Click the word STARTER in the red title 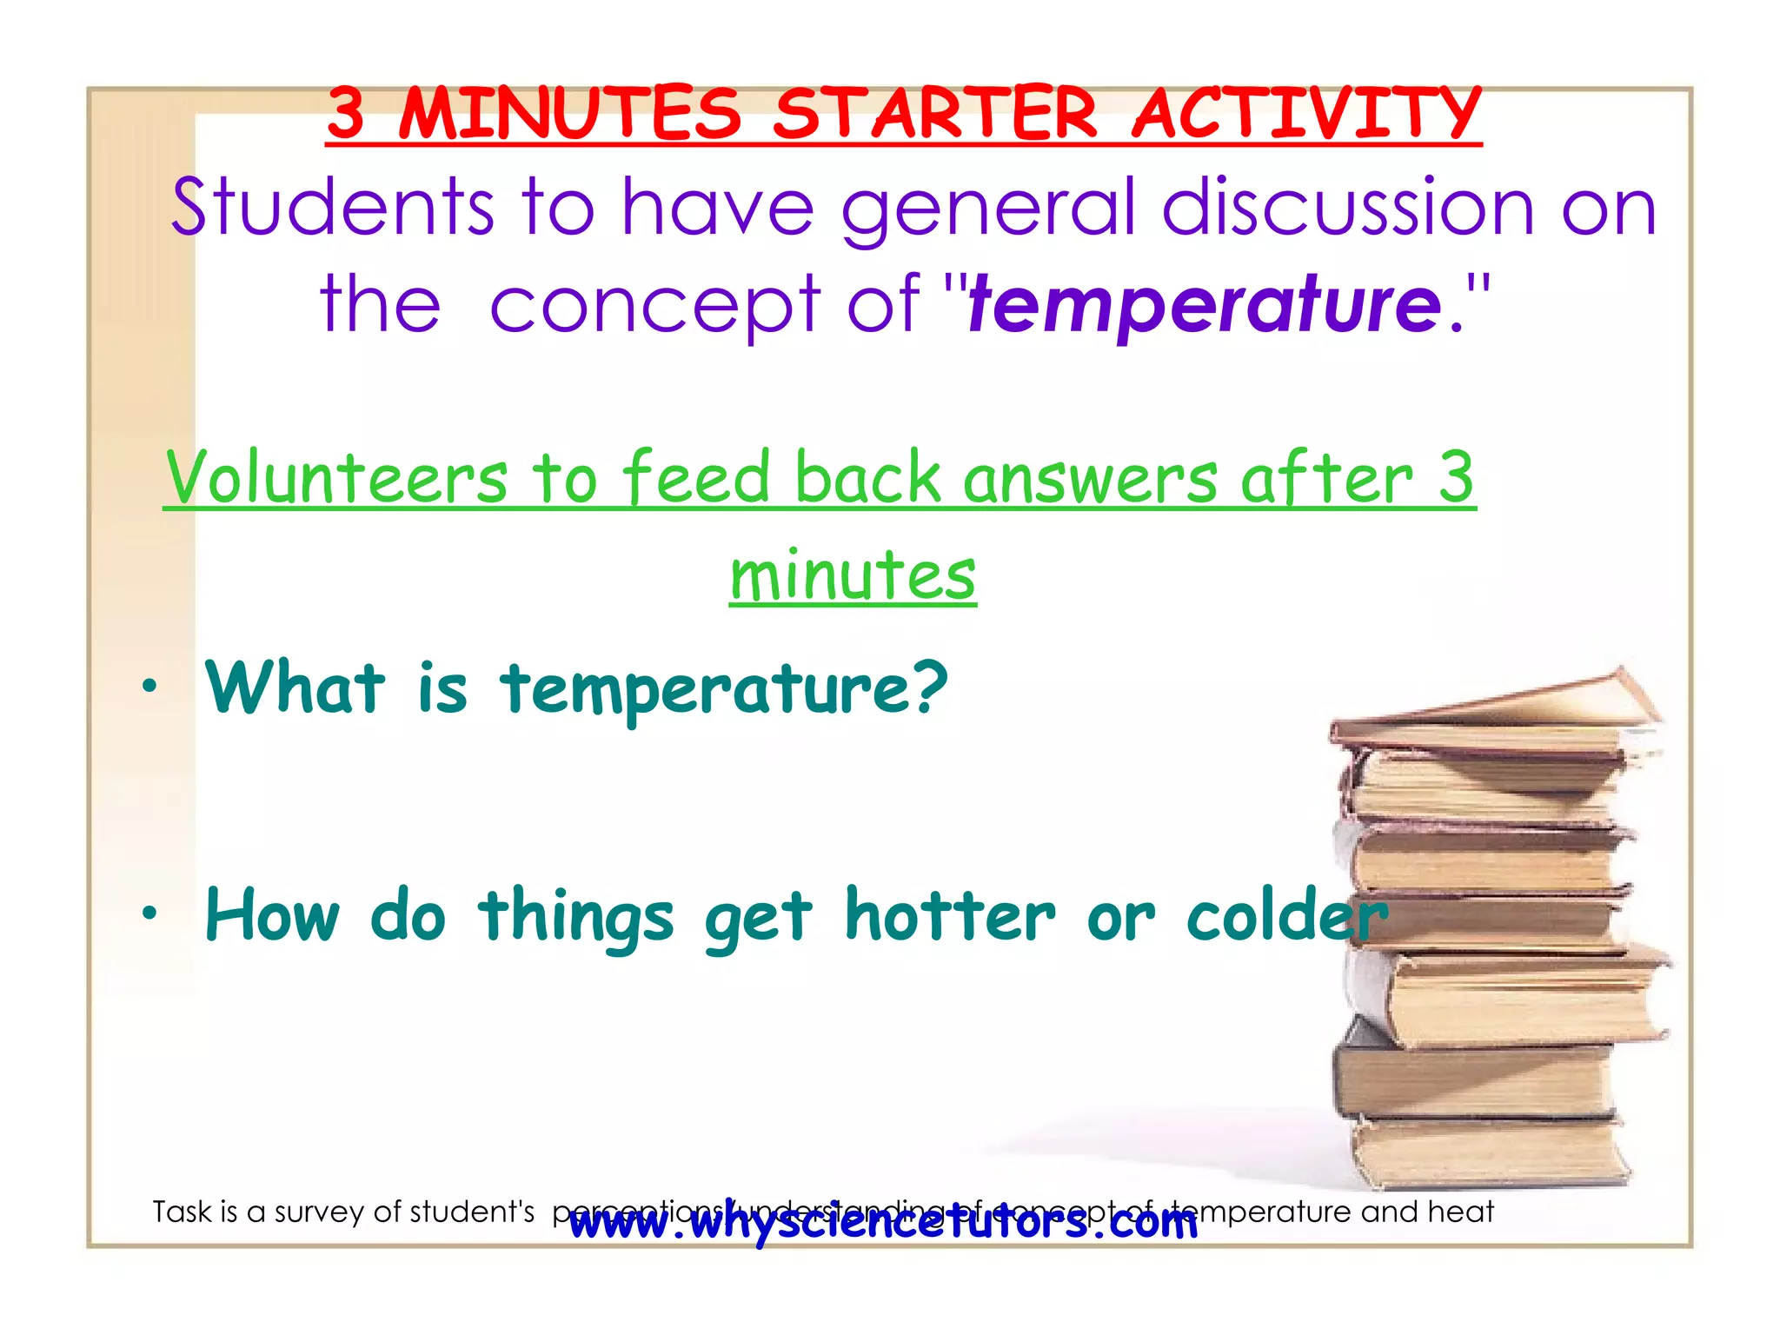point(935,114)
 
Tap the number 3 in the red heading point(346,114)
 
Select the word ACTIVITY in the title point(1306,114)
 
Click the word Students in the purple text point(332,208)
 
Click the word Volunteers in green point(336,477)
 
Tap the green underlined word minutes point(853,575)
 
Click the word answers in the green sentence point(1090,479)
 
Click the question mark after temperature point(930,686)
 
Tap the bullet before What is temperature point(150,686)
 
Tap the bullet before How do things point(150,913)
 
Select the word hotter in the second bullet point(950,915)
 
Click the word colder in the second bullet point(1286,915)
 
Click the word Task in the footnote point(181,1212)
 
